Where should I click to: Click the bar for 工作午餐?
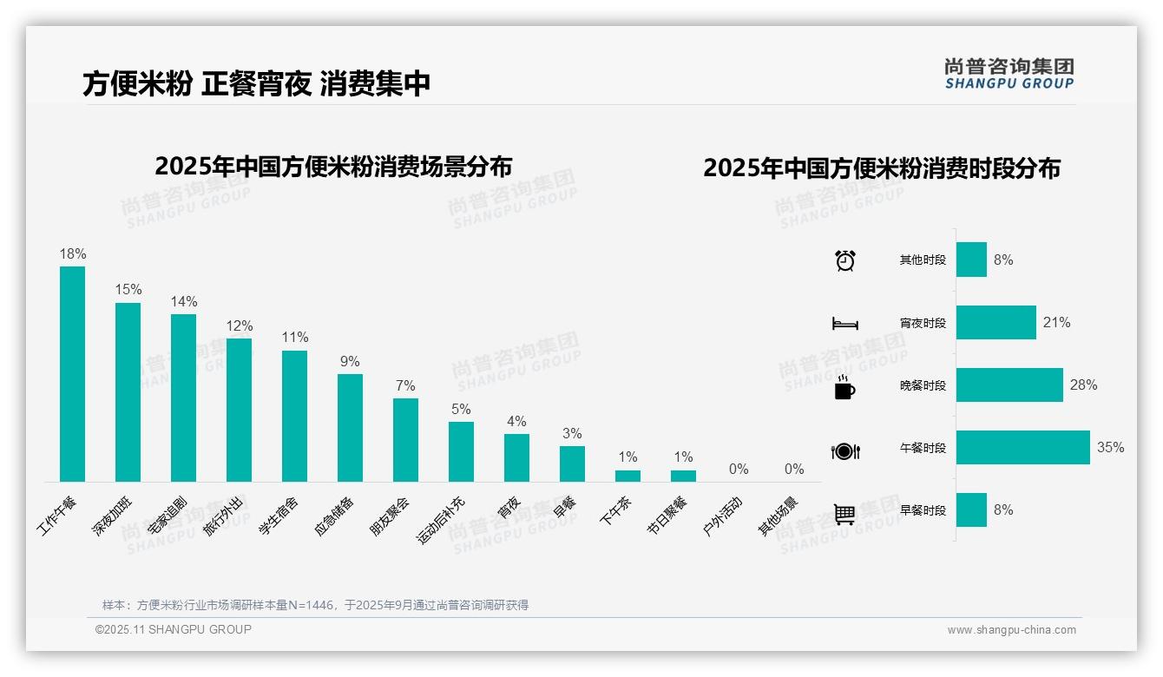pyautogui.click(x=72, y=374)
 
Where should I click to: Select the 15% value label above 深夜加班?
pyautogui.click(x=128, y=289)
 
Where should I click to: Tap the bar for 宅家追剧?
pyautogui.click(x=183, y=398)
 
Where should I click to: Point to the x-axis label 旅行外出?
pyautogui.click(x=223, y=516)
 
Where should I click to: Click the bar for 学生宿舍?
pyautogui.click(x=294, y=416)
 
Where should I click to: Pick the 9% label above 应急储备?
pyautogui.click(x=350, y=361)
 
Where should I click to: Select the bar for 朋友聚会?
pyautogui.click(x=405, y=440)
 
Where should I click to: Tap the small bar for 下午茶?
pyautogui.click(x=627, y=476)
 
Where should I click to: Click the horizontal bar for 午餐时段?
pyautogui.click(x=1022, y=448)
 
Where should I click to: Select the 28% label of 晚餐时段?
pyautogui.click(x=1083, y=385)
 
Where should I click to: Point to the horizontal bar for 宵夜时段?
pyautogui.click(x=995, y=322)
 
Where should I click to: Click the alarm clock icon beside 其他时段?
pyautogui.click(x=844, y=260)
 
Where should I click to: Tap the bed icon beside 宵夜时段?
pyautogui.click(x=844, y=324)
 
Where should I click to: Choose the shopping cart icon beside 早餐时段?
pyautogui.click(x=844, y=514)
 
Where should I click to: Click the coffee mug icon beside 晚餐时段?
pyautogui.click(x=844, y=387)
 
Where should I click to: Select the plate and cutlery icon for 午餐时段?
pyautogui.click(x=844, y=450)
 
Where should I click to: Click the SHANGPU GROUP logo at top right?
pyautogui.click(x=1009, y=74)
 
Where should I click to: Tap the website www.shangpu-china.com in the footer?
pyautogui.click(x=1011, y=630)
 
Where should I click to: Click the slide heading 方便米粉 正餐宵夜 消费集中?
pyautogui.click(x=257, y=84)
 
